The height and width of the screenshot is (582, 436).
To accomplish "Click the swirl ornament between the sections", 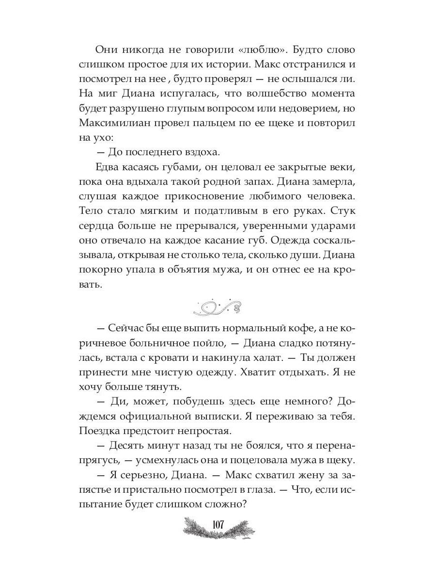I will tap(218, 307).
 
